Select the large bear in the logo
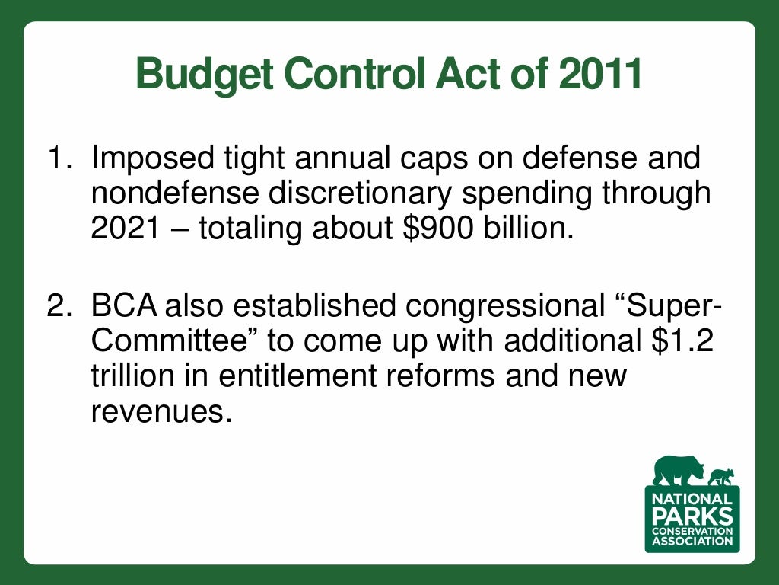click(677, 471)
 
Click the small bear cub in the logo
click(720, 478)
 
